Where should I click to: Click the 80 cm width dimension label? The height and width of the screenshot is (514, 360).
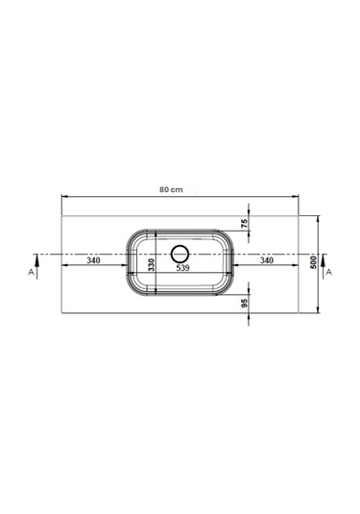[171, 189]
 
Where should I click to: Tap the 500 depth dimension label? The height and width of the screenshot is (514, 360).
[314, 262]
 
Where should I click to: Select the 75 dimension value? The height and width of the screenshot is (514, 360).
[245, 224]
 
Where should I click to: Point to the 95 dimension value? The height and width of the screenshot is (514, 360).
[245, 304]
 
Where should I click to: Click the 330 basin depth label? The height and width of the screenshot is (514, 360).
[151, 264]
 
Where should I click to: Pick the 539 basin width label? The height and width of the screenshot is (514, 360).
[182, 268]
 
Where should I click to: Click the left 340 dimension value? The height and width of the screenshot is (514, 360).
[93, 260]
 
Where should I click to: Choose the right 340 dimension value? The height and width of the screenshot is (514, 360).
[267, 260]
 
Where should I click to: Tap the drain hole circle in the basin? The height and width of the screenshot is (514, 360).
[180, 246]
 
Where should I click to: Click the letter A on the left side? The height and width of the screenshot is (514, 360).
[31, 272]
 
